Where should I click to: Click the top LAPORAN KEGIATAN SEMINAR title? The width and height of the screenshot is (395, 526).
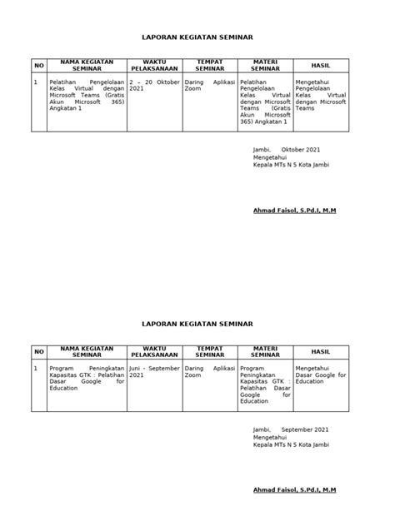pos(197,37)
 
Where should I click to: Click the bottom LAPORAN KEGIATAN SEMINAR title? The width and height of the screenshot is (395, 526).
pos(197,321)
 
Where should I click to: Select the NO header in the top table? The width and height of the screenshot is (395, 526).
pos(37,65)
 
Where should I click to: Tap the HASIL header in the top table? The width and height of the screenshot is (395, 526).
pos(320,65)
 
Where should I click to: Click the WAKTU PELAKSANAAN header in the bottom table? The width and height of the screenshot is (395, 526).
pos(155,351)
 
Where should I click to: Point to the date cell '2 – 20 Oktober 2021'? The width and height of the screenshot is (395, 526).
pos(155,87)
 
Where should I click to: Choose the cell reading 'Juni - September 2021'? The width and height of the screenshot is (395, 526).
pos(155,370)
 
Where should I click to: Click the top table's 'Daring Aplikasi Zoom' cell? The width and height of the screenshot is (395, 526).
pos(209,87)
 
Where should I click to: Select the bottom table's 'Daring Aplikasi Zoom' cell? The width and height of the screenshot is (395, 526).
pos(209,370)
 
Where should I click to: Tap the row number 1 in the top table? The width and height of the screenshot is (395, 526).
pos(35,82)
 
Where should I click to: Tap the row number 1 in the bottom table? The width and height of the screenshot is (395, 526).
pos(35,366)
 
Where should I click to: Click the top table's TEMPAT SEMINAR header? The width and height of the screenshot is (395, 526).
pos(209,65)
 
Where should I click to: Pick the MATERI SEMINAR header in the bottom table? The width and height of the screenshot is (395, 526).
pos(264,351)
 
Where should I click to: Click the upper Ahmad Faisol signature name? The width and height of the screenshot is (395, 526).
pos(294,210)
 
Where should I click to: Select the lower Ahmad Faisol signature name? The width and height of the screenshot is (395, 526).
pos(294,492)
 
